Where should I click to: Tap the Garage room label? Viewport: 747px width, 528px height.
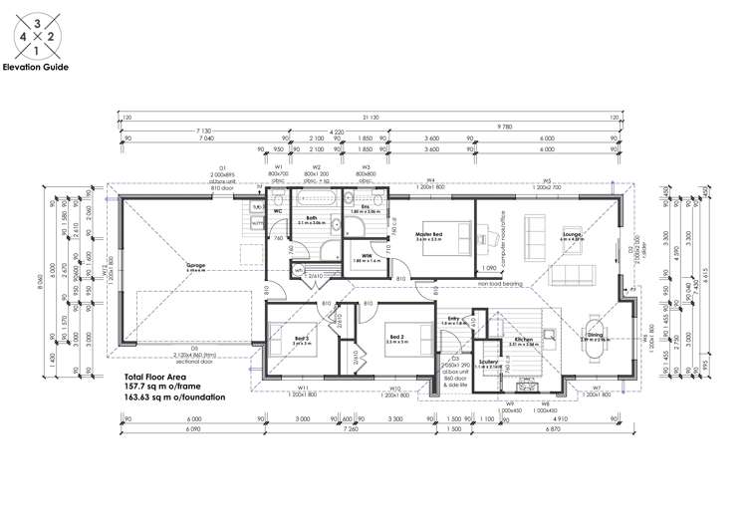(x=195, y=267)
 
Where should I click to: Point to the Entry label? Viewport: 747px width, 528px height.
(x=453, y=319)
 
